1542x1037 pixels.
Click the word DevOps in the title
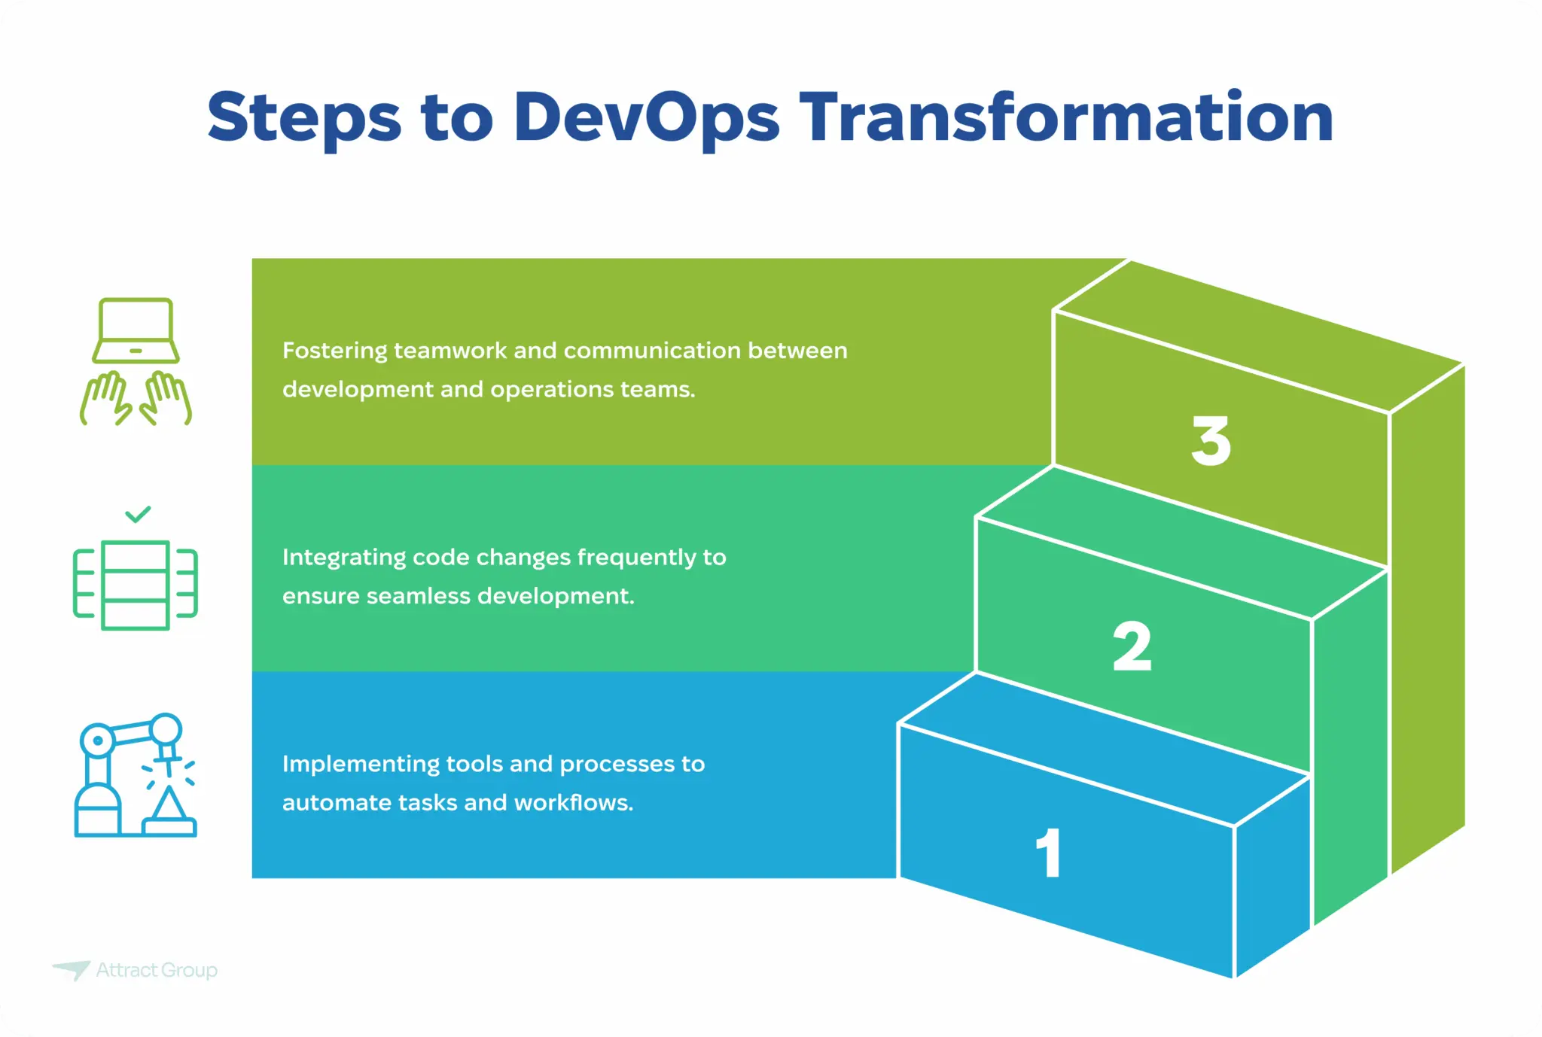pyautogui.click(x=646, y=117)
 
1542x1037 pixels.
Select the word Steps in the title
pyautogui.click(x=304, y=119)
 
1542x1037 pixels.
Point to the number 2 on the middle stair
pyautogui.click(x=1132, y=646)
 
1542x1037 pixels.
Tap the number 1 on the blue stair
pyautogui.click(x=1049, y=853)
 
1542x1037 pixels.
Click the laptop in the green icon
pyautogui.click(x=136, y=330)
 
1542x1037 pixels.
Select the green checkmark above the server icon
pyautogui.click(x=138, y=515)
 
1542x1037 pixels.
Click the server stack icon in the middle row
pyautogui.click(x=136, y=585)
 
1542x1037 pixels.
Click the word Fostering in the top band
pyautogui.click(x=335, y=351)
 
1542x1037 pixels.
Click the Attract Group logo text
pyautogui.click(x=157, y=970)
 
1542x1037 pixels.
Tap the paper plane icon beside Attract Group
pyautogui.click(x=72, y=969)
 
